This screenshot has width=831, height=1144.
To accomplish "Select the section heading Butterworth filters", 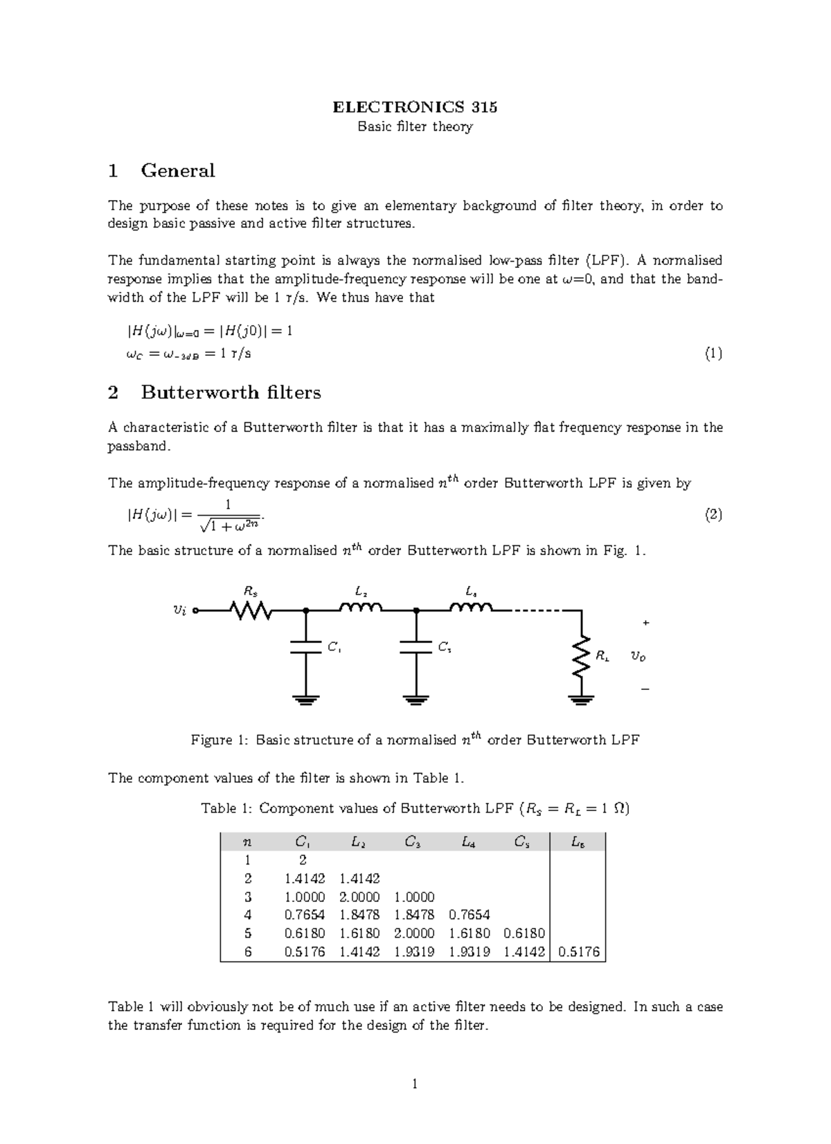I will pyautogui.click(x=231, y=392).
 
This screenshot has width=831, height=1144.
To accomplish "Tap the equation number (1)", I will pyautogui.click(x=713, y=354).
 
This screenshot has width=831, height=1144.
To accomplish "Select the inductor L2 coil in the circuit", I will pyautogui.click(x=360, y=608).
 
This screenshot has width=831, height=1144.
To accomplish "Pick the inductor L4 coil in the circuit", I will pyautogui.click(x=471, y=608).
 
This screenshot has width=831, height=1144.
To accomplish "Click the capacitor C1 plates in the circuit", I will pyautogui.click(x=305, y=646).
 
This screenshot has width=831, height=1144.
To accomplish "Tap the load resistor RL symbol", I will pyautogui.click(x=583, y=655).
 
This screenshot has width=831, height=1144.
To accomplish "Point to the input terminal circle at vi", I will pyautogui.click(x=196, y=610).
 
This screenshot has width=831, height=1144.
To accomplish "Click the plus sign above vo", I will pyautogui.click(x=645, y=623).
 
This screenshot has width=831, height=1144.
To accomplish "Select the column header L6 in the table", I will pyautogui.click(x=577, y=842).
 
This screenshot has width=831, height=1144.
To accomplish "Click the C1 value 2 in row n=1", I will pyautogui.click(x=303, y=860).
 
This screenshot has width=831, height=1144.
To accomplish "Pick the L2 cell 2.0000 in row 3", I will pyautogui.click(x=359, y=897).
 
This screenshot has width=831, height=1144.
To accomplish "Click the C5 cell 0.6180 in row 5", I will pyautogui.click(x=524, y=933).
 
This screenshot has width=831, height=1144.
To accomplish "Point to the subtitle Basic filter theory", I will pyautogui.click(x=415, y=127).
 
